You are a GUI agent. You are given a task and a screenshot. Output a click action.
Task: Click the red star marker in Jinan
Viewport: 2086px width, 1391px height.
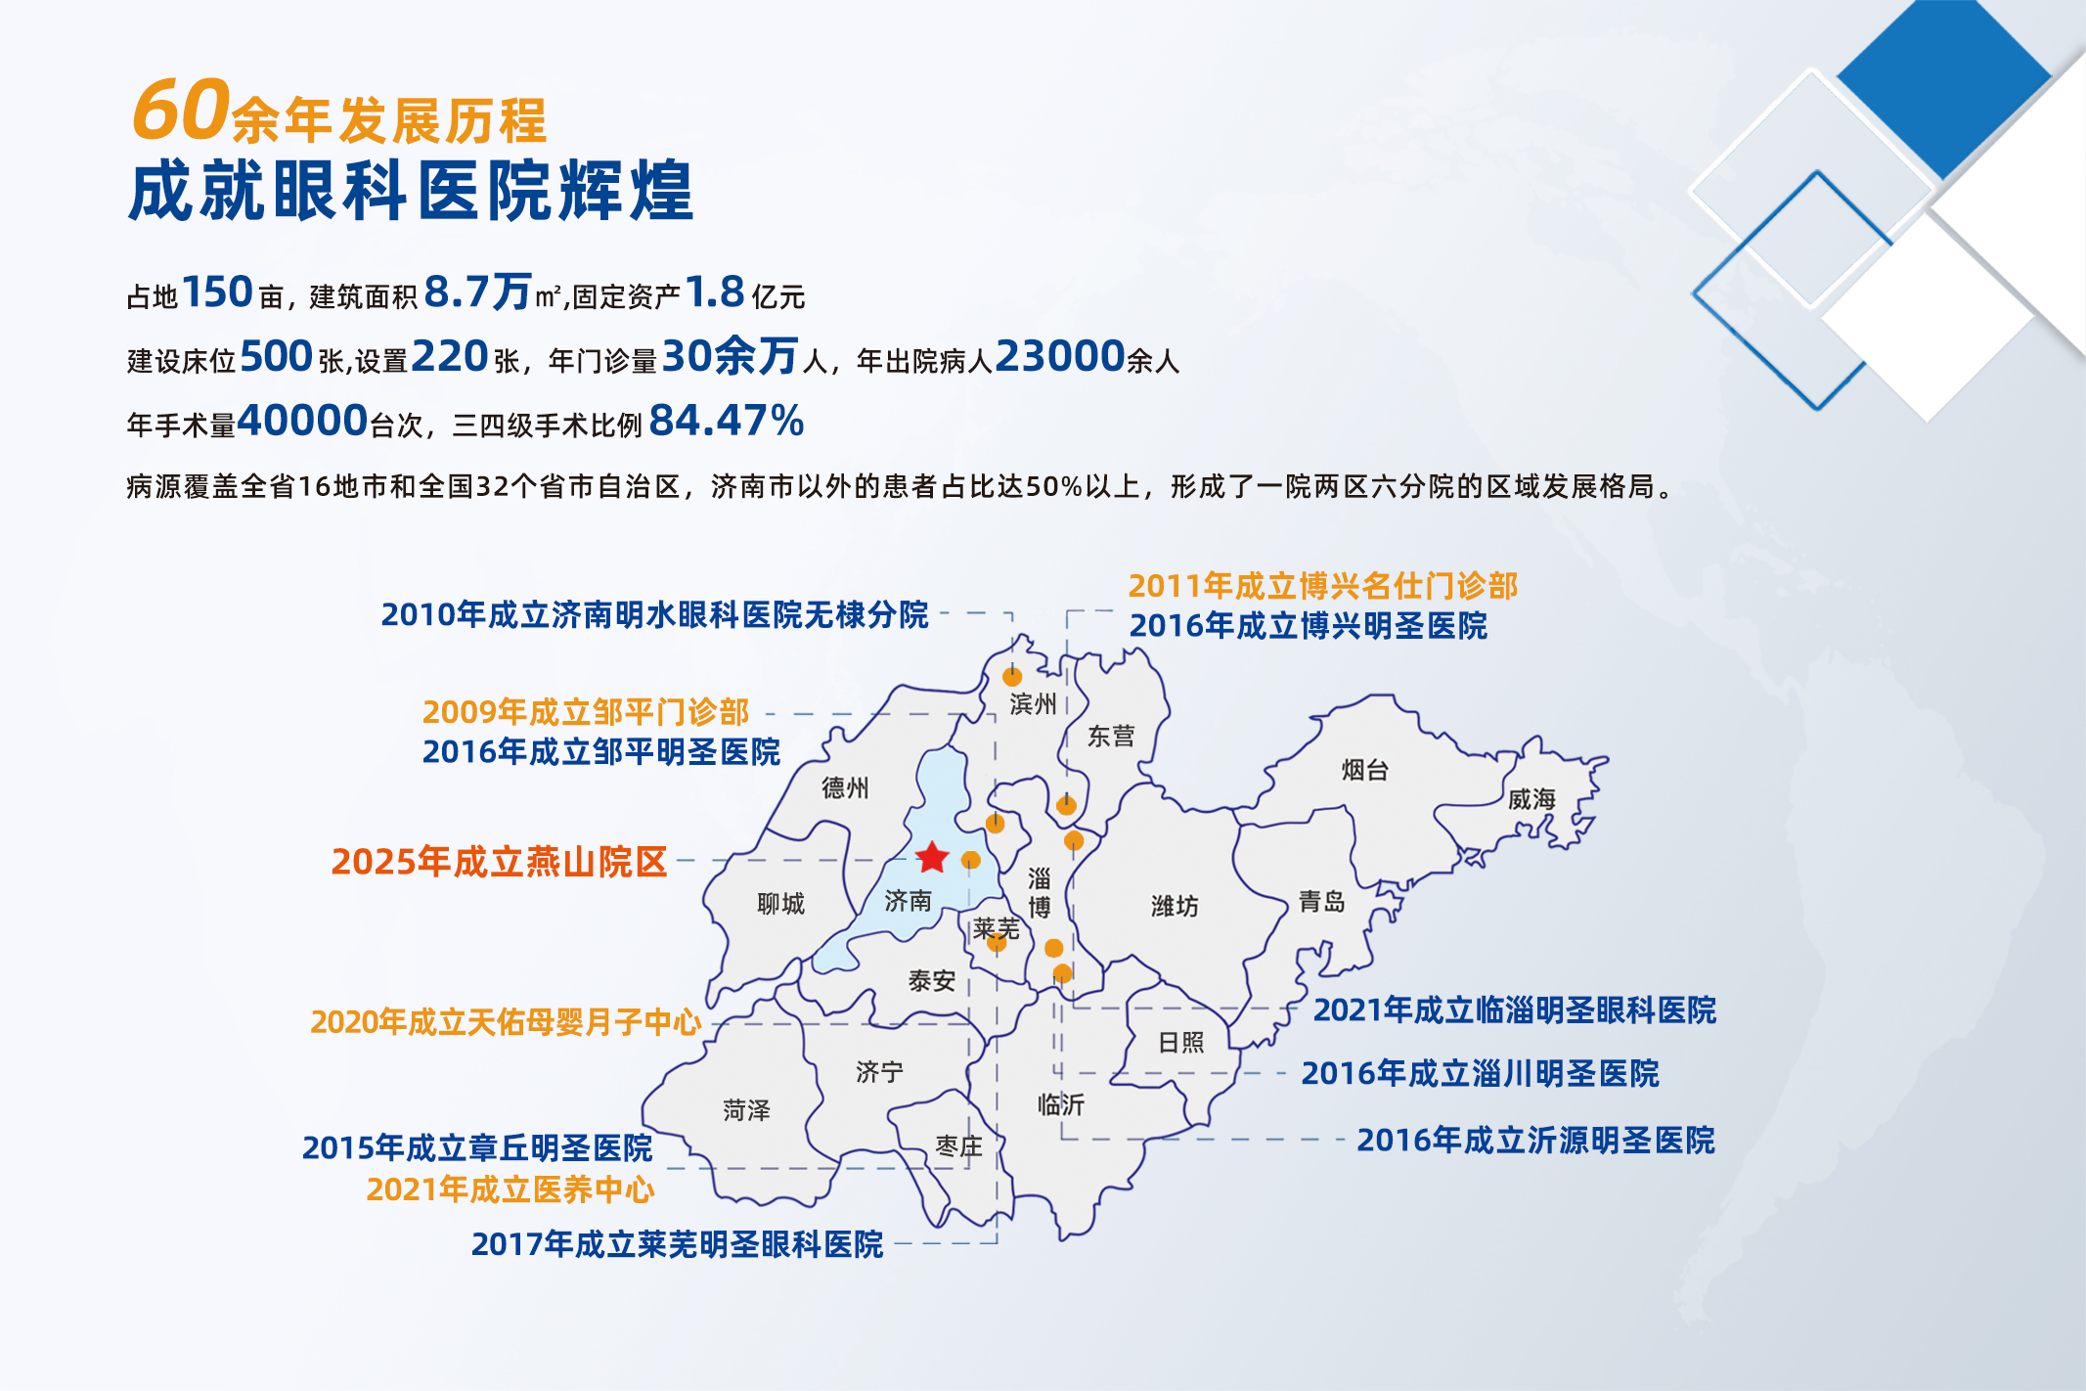[x=932, y=857]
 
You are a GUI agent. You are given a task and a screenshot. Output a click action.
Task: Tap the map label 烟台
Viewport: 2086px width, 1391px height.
[x=1365, y=770]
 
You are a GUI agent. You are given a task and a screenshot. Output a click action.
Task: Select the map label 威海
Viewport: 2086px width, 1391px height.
[x=1531, y=799]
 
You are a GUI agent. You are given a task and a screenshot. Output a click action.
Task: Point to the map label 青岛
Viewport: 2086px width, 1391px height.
[x=1322, y=901]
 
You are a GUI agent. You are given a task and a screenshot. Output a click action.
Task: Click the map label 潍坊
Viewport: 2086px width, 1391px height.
[x=1175, y=906]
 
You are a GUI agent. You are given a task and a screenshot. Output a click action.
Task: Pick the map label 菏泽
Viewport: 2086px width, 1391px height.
[x=746, y=1110]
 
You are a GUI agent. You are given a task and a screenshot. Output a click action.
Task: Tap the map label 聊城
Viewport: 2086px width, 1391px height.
[x=780, y=903]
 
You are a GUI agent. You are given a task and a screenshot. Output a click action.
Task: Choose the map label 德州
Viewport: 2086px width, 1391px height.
[x=845, y=787]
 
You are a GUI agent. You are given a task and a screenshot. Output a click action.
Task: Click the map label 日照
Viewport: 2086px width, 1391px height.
[x=1180, y=1042]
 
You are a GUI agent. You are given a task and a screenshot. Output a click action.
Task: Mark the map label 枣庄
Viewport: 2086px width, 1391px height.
[x=958, y=1145]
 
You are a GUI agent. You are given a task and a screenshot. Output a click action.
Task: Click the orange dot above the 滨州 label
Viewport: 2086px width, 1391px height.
[x=1012, y=676]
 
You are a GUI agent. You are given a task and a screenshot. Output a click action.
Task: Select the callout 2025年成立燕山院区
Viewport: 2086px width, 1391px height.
[x=499, y=862]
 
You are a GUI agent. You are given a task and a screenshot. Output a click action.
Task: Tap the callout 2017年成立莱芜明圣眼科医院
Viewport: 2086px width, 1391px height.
[x=677, y=1244]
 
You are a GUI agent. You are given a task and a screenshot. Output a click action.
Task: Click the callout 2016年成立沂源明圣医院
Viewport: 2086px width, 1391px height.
[x=1535, y=1140]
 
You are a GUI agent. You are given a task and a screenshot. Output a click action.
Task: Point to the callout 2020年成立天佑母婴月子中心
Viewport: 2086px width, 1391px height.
[x=506, y=1022]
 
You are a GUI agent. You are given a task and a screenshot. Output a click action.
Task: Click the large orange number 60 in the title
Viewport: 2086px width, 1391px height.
[x=181, y=109]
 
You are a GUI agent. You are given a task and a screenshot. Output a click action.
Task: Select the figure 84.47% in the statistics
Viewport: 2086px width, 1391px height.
[x=726, y=421]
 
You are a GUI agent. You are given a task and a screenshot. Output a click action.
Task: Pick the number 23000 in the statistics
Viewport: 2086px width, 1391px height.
[x=1060, y=356]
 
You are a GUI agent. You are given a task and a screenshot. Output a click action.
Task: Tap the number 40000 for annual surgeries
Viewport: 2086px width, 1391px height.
[x=302, y=421]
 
